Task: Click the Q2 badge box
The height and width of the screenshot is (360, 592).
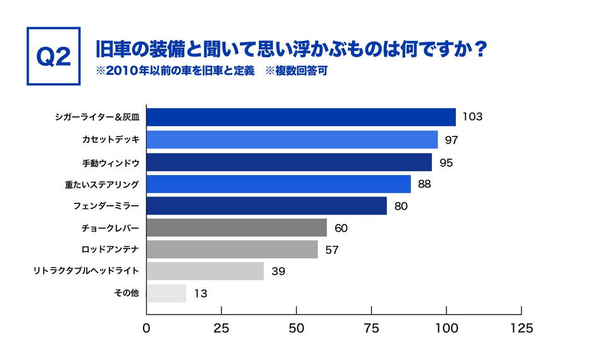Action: coord(53,56)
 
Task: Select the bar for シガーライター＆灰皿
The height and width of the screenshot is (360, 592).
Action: coord(300,117)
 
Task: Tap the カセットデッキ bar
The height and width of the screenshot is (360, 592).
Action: coord(292,140)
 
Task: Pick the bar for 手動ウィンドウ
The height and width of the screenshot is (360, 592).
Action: coord(288,162)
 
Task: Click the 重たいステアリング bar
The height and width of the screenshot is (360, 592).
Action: coord(278,184)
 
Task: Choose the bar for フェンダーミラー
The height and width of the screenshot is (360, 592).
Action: coord(266,206)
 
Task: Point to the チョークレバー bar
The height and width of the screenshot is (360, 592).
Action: coord(236,228)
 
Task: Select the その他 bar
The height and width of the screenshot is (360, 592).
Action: coord(166,293)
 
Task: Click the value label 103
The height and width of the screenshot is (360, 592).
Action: coord(472,117)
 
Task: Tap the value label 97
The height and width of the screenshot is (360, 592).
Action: coord(452,140)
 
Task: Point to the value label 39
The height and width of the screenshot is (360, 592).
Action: coord(278,271)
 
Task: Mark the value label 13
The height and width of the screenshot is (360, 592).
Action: coord(200,293)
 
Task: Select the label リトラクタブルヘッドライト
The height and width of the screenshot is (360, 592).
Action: coord(86,271)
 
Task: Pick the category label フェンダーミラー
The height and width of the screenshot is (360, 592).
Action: coord(106,206)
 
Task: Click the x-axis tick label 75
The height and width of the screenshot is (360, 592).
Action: coord(371,328)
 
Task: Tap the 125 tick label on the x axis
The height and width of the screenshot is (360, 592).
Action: coord(521,328)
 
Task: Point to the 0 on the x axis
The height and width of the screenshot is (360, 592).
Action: coord(146,328)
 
